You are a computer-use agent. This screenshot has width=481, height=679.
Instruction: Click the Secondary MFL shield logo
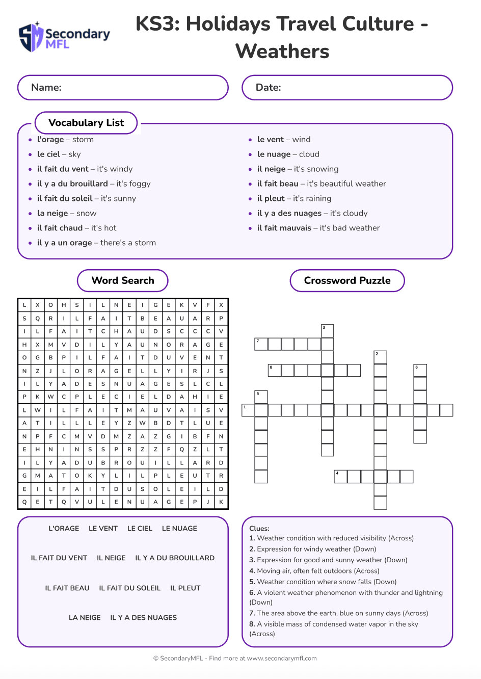(31, 37)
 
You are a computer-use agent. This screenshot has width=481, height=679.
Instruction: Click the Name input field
(123, 88)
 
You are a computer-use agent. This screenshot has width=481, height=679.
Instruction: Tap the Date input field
(347, 88)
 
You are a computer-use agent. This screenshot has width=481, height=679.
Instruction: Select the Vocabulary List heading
(86, 123)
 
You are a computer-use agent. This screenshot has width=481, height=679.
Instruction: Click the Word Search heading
(123, 280)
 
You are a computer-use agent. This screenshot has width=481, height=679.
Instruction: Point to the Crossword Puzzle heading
(347, 280)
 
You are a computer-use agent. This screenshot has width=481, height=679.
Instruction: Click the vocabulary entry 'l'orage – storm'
(65, 140)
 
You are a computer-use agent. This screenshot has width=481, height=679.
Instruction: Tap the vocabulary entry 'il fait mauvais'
(318, 228)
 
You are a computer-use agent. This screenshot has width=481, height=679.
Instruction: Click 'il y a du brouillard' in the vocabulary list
(93, 184)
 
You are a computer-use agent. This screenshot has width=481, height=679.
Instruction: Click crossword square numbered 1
(248, 410)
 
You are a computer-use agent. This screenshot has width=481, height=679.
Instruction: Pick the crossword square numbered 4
(340, 477)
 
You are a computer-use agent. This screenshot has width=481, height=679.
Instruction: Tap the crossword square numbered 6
(420, 371)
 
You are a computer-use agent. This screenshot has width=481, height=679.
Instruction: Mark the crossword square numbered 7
(261, 344)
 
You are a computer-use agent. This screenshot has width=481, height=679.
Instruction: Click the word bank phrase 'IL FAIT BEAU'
(67, 588)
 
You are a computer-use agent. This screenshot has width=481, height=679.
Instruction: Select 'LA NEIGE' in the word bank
(85, 618)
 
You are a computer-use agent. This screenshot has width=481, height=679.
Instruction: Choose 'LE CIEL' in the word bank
(140, 529)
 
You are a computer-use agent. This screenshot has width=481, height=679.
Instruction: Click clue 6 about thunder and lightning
(346, 597)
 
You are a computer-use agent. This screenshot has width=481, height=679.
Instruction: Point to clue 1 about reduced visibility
(331, 538)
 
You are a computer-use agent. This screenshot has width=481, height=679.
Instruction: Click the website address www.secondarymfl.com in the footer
(282, 659)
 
